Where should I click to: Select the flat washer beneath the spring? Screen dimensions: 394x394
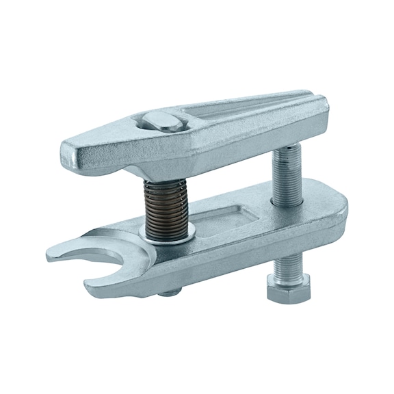click(166, 234)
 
